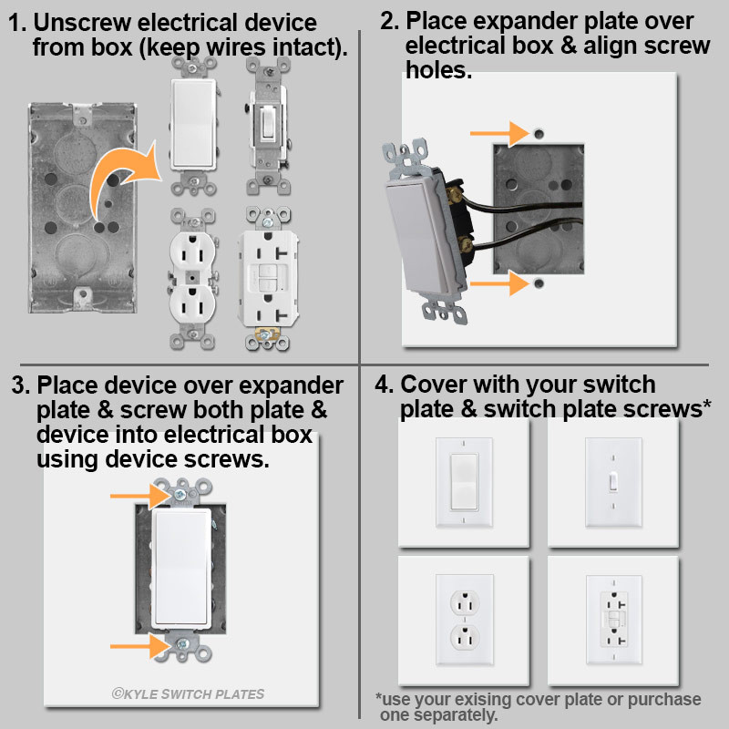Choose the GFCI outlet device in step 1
click(x=268, y=278)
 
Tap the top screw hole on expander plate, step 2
click(x=539, y=133)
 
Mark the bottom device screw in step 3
click(x=183, y=645)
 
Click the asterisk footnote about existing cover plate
click(x=538, y=707)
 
